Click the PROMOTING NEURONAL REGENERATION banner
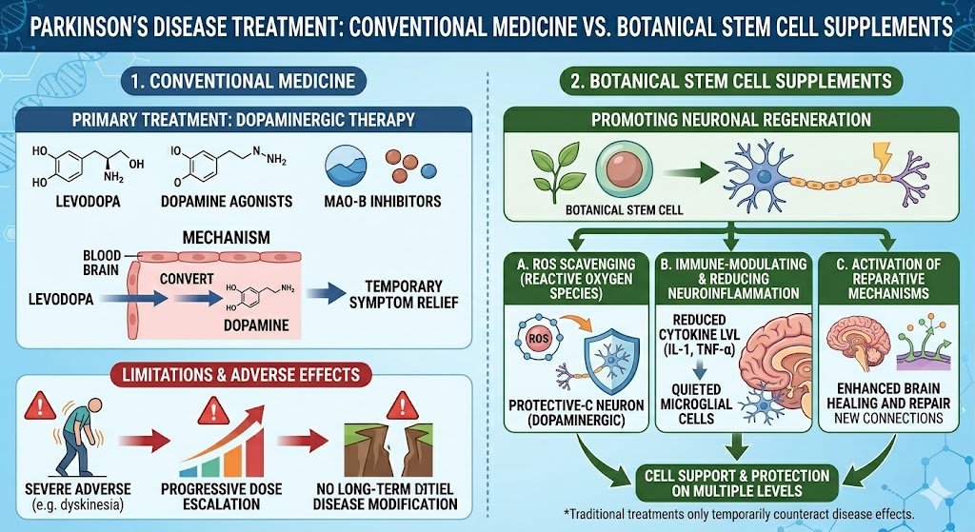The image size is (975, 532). click(x=730, y=120)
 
